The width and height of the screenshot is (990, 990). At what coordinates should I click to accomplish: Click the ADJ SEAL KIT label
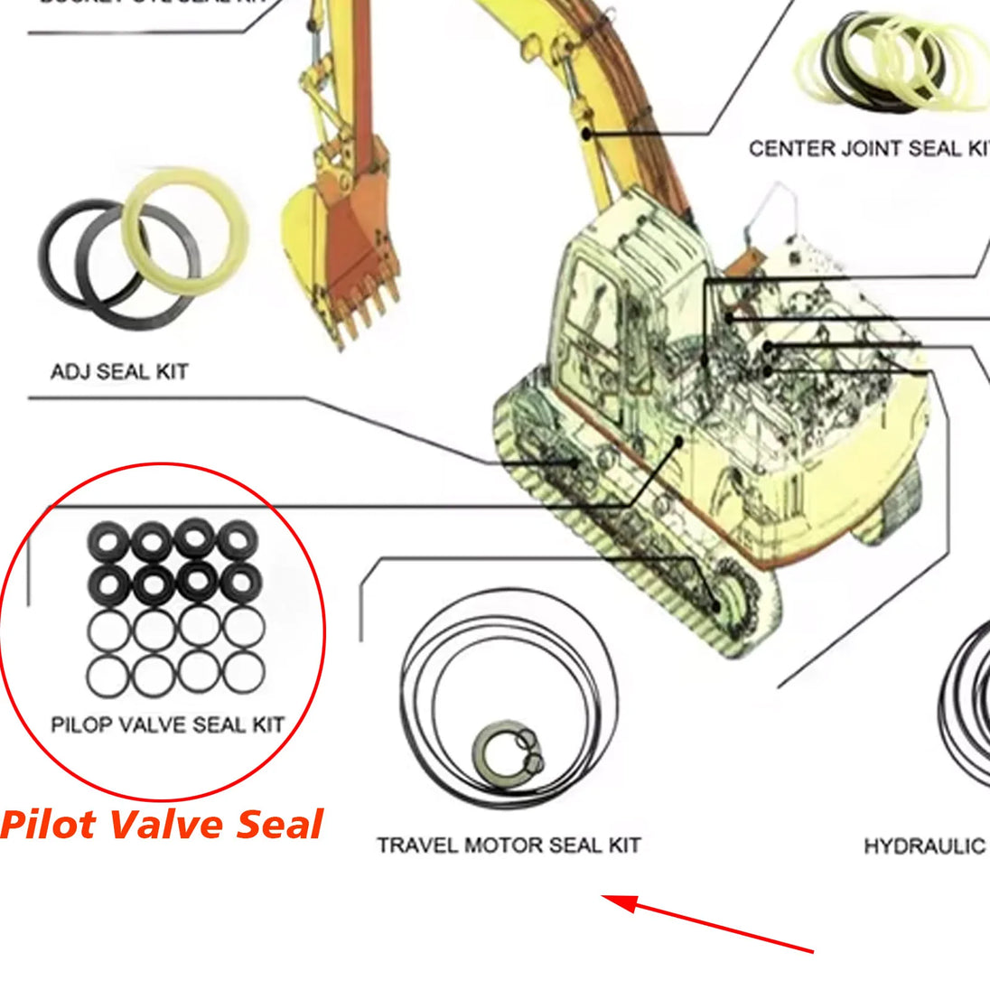click(119, 371)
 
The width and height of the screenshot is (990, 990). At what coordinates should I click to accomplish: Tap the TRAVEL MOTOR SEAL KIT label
click(509, 845)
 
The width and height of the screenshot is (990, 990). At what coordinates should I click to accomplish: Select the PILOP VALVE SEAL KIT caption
click(167, 724)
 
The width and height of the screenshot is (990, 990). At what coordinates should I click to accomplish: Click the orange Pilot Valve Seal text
click(163, 825)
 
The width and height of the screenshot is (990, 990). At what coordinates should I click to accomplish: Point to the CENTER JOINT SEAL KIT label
click(867, 148)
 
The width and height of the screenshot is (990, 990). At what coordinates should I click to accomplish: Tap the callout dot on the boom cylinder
click(586, 135)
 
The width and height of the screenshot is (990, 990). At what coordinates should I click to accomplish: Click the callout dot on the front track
click(574, 462)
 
